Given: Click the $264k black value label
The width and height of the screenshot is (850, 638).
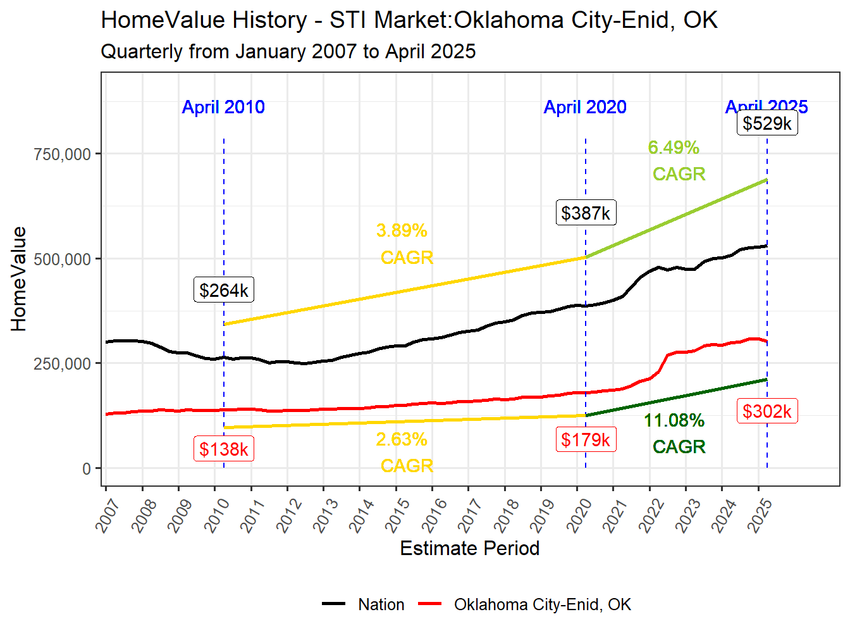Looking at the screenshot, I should coord(224,290).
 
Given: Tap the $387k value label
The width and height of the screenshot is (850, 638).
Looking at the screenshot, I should coord(586,213).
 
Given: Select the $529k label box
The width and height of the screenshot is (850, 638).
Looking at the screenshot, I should coord(767,123).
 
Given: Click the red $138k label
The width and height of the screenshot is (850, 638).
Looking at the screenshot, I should coord(224,449).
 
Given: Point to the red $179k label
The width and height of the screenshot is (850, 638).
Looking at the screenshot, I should coord(586,439).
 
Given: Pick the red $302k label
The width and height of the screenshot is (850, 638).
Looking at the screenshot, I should coord(767,411).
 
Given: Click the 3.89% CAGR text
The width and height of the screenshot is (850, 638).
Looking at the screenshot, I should coord(402,230).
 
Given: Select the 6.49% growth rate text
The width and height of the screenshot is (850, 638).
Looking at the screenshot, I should coord(674,147).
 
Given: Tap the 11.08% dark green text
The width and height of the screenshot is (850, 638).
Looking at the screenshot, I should coord(674,420).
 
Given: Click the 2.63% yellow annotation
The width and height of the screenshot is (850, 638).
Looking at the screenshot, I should coord(402,439).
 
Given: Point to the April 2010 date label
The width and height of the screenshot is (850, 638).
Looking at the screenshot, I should coord(223,107).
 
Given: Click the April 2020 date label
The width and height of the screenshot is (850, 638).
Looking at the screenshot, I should coord(585,107).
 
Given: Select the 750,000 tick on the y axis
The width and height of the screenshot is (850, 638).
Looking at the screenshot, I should coord(62,154).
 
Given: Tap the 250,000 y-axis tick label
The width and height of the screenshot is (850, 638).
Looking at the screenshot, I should coord(62,364).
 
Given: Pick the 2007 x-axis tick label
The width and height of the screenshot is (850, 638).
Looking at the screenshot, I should coord(108,515).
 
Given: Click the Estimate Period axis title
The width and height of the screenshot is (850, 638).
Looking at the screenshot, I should coord(469,548).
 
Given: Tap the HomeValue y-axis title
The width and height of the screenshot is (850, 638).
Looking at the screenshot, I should coord(19,279).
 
